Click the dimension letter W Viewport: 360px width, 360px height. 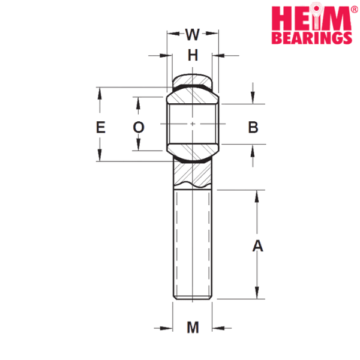193,34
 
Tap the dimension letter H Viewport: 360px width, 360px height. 193,55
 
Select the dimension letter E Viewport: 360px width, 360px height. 101,127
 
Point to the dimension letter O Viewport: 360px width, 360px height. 139,127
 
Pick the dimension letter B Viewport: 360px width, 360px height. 253,127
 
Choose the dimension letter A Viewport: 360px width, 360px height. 257,245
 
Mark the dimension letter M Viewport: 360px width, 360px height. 193,328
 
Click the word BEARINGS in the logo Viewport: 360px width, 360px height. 312,38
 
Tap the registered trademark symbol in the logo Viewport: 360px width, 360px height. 355,9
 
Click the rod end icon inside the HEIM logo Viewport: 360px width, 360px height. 316,16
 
